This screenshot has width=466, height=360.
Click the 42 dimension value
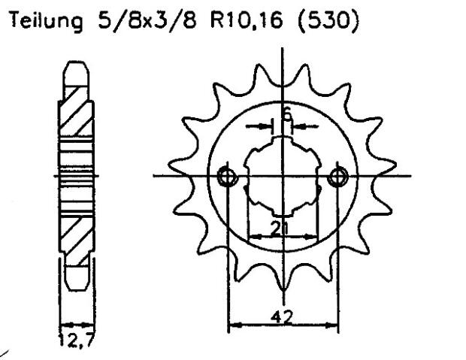(283, 316)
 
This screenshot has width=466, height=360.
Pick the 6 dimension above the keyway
(286, 113)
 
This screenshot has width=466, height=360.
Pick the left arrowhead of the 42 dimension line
(232, 325)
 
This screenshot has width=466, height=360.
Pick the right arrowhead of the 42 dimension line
(334, 325)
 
